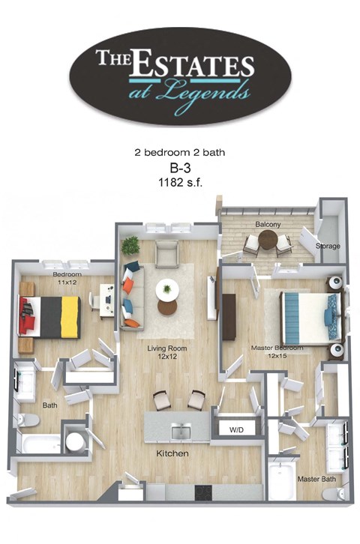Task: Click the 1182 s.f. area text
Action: tap(180, 181)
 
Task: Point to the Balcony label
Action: tap(267, 224)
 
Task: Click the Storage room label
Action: tap(328, 246)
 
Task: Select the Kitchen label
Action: tap(172, 454)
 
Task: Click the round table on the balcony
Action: tap(268, 240)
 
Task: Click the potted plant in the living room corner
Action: tap(131, 245)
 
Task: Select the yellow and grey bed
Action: tap(52, 315)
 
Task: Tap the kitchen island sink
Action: tap(181, 431)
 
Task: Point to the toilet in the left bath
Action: tap(25, 420)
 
